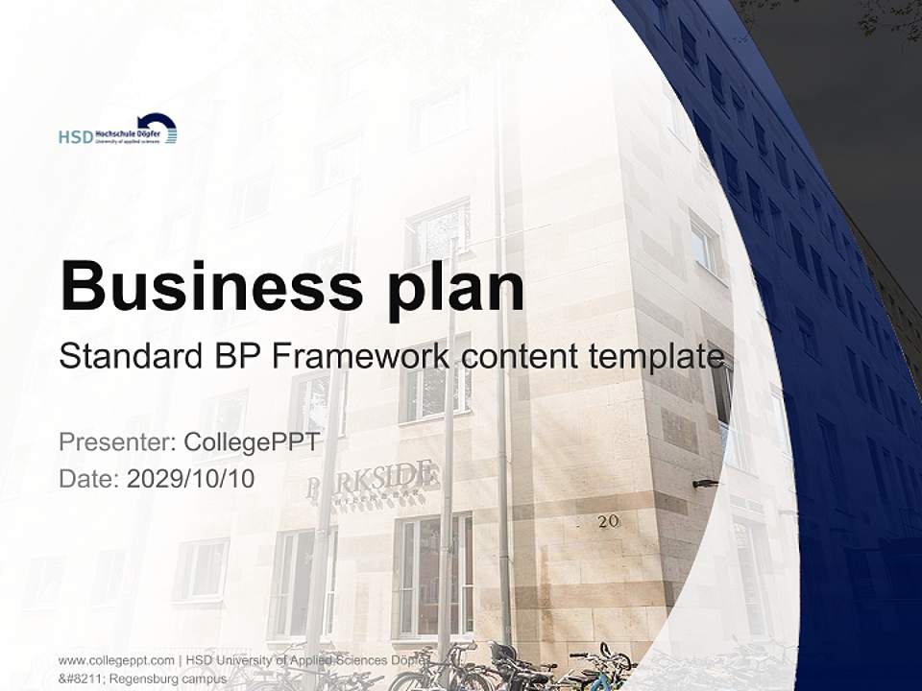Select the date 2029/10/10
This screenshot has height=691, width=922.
[x=191, y=479]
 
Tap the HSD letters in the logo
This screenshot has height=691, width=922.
[x=75, y=137]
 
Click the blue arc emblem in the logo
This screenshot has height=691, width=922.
[x=159, y=126]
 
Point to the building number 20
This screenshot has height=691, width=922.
[x=608, y=521]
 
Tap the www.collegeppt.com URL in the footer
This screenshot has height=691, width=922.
[x=116, y=660]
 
